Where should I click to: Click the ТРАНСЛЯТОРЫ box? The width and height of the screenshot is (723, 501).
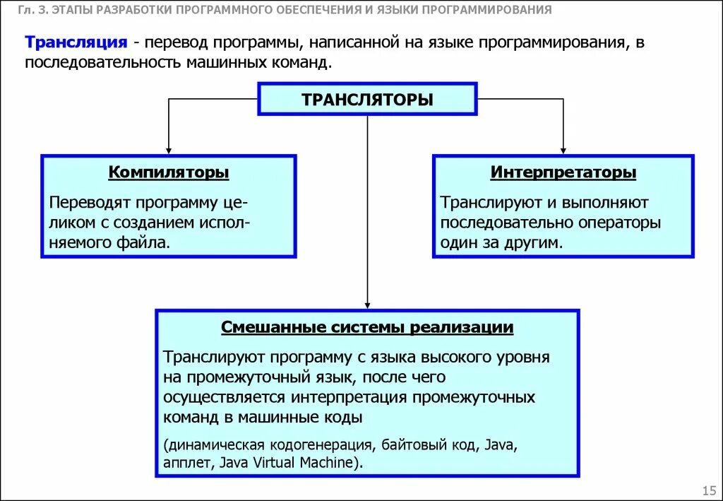367,99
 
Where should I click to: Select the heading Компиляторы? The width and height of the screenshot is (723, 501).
169,172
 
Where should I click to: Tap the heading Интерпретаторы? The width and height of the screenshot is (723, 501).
563,172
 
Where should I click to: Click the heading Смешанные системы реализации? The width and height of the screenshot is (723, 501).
367,328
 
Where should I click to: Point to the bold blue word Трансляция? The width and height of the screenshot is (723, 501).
76,42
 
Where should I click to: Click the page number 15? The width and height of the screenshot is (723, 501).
709,490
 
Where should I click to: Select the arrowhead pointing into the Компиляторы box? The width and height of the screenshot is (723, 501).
169,150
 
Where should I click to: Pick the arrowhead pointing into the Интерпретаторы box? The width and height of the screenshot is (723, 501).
563,150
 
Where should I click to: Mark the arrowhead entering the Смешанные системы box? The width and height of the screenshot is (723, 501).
367,304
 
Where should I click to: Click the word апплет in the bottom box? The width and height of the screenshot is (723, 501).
189,463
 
